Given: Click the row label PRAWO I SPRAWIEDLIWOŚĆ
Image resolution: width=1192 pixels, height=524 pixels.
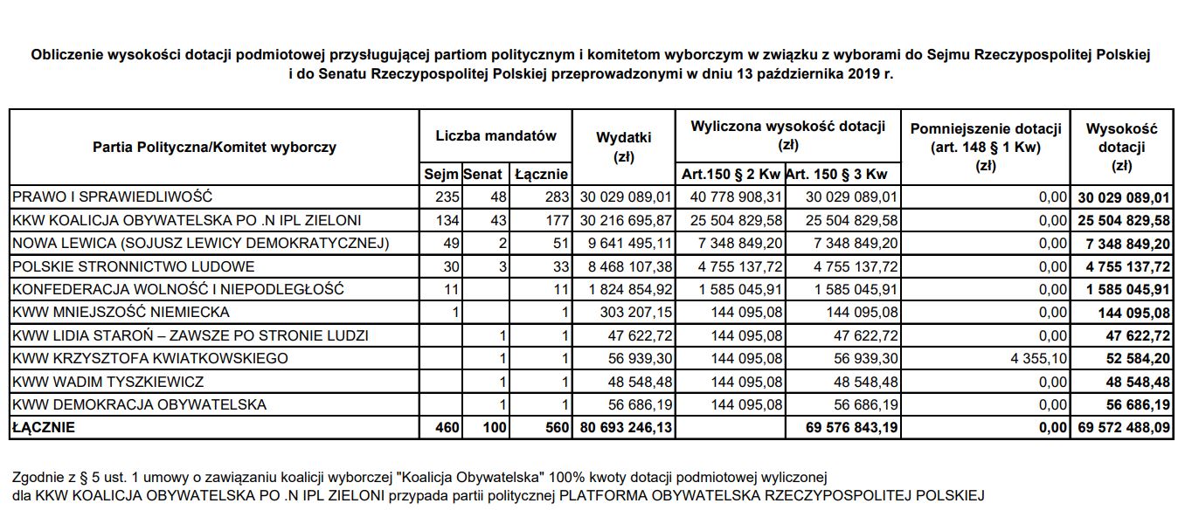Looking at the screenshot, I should tap(111, 197).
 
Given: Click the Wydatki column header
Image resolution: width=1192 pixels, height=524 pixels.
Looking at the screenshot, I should tap(623, 147).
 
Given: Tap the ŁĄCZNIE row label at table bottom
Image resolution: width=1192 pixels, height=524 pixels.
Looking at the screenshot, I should tap(44, 428).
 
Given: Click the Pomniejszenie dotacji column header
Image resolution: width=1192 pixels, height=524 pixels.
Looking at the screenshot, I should tap(984, 146).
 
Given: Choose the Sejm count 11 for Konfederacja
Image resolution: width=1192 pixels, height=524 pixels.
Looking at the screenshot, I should tap(448, 289).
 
